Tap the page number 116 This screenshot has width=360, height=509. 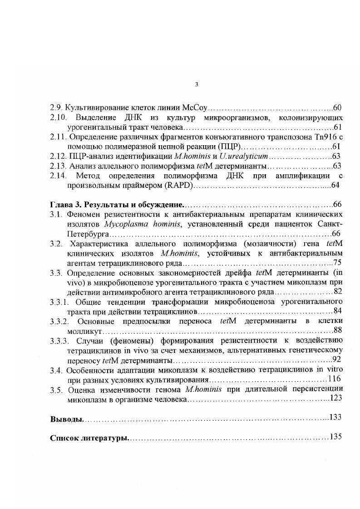click(x=334, y=379)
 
